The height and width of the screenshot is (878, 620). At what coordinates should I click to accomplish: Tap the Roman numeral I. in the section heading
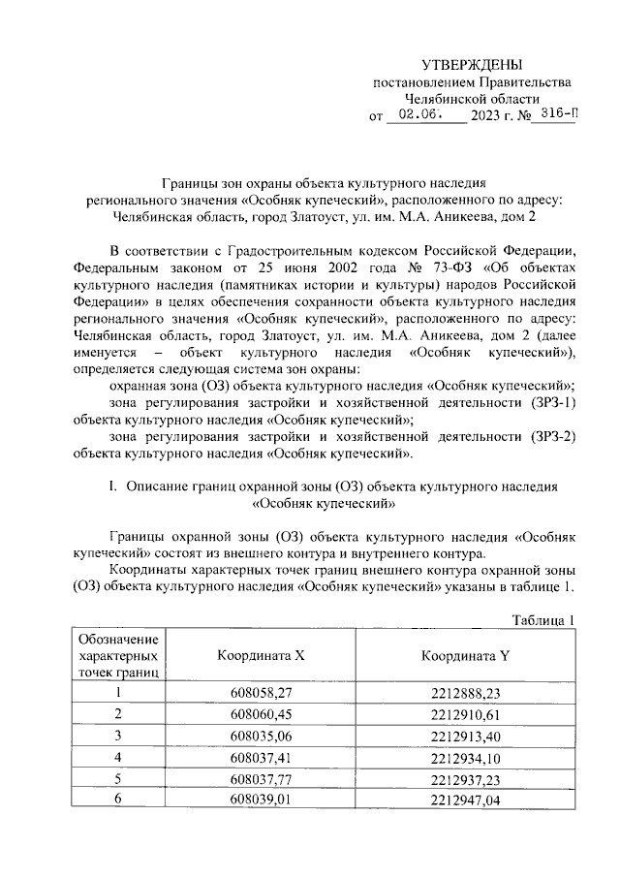click(x=113, y=484)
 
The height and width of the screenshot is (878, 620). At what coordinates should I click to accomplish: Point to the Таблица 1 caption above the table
click(x=542, y=620)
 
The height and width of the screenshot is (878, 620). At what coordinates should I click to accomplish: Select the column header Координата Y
click(x=464, y=655)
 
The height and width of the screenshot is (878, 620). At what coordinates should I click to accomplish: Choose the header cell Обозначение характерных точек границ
click(x=117, y=655)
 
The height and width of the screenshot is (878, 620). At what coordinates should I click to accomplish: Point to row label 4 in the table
click(x=117, y=757)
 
